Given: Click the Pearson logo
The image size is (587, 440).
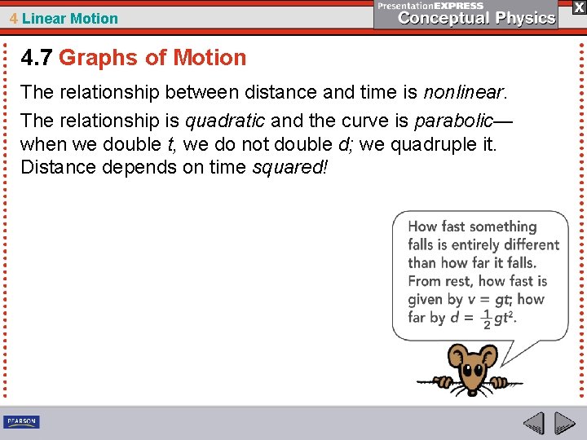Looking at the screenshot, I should [21, 422].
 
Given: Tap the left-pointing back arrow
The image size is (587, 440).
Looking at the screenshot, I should [533, 423].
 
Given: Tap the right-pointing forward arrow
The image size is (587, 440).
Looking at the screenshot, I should [564, 423].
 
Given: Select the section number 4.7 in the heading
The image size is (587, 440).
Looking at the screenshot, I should [37, 58].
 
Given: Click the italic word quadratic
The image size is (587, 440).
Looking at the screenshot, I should [225, 121].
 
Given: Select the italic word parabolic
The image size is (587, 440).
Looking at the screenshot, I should [453, 121].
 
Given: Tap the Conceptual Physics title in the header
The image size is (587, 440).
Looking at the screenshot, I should [478, 18].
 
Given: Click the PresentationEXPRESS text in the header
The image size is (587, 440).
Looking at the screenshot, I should [430, 6].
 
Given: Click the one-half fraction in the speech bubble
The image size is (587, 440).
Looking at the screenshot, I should [487, 319].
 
